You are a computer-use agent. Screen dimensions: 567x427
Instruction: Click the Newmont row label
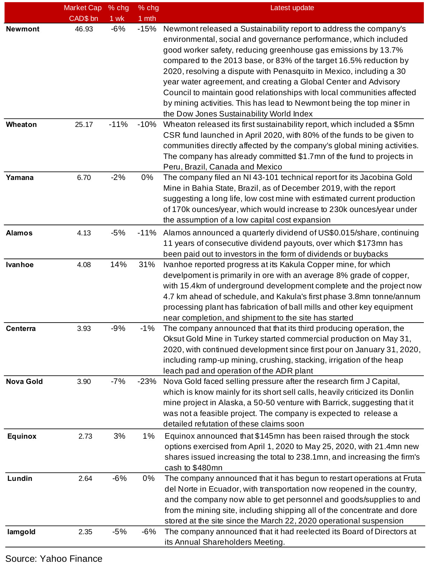(23, 29)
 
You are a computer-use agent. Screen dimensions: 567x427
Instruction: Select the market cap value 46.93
(84, 29)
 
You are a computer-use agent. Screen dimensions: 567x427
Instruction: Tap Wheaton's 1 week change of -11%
(118, 124)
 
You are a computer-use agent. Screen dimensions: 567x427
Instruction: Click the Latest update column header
(292, 8)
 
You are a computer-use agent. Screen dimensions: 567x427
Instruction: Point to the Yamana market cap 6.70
(84, 177)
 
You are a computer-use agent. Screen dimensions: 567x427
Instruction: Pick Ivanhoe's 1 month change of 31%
(147, 265)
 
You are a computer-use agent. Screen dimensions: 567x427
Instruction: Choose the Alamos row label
(19, 233)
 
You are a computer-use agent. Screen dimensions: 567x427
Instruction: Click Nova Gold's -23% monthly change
(147, 381)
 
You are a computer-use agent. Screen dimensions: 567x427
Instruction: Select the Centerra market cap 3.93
(84, 328)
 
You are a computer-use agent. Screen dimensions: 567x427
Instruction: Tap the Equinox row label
(22, 436)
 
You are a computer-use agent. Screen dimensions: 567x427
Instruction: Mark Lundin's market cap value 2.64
(85, 478)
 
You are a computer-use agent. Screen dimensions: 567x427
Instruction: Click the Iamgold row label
(21, 532)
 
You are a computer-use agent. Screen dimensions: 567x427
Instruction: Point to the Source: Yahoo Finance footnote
(54, 559)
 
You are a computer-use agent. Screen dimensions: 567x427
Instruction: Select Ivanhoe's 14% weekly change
(118, 265)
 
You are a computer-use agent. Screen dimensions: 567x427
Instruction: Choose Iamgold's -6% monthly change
(149, 532)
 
